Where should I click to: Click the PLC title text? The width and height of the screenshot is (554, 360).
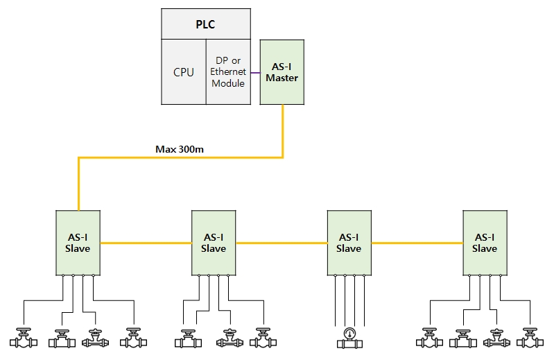coord(205,24)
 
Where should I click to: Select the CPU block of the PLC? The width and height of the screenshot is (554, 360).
coord(184,71)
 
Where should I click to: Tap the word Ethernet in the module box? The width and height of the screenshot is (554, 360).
coord(228,71)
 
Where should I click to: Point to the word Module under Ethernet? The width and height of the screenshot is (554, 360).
coord(228,83)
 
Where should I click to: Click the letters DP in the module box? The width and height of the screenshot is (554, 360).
coord(222,60)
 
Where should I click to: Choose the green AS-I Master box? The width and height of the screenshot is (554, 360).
coord(282,72)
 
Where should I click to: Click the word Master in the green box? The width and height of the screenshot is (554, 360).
coord(282,78)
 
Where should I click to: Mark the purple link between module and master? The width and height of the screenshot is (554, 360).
coord(255,73)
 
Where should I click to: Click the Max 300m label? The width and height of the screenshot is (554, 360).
coord(180,149)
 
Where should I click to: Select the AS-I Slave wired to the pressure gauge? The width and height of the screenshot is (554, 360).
coord(349,243)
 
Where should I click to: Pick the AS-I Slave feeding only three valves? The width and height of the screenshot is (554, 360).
coord(214,243)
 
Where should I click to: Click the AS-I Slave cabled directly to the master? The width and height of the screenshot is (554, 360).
coord(78,243)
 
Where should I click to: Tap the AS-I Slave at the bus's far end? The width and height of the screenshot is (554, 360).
coord(485,243)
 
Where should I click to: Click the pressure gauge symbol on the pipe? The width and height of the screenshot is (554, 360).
coord(349,338)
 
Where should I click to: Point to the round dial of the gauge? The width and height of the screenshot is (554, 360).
coord(349,333)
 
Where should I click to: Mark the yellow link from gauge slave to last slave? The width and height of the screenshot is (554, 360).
coord(417,243)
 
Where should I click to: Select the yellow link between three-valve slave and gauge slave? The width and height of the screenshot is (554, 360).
coord(282,243)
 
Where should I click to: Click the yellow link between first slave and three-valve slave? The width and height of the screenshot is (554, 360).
coord(146,243)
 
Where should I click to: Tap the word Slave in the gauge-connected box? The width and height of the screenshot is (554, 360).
coord(349,248)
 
